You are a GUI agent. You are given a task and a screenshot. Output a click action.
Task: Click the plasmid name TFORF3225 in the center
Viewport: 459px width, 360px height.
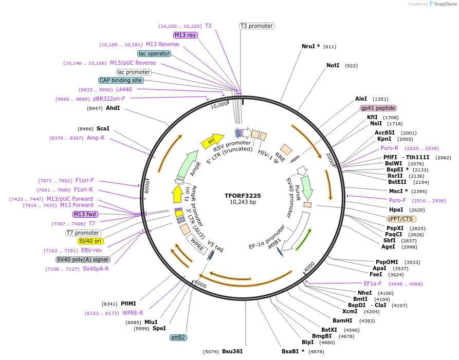[x=243, y=196]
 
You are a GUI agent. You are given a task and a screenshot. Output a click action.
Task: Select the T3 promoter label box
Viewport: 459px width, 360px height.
[x=256, y=26]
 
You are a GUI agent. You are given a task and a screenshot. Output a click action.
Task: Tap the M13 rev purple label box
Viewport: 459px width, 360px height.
[x=185, y=35]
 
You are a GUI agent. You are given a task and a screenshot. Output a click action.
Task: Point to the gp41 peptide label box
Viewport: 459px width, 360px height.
[x=378, y=108]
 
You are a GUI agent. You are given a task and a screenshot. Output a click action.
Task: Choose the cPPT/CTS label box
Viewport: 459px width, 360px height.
[x=401, y=219]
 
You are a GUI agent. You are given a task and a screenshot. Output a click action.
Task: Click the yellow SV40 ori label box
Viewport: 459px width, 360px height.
[x=90, y=241]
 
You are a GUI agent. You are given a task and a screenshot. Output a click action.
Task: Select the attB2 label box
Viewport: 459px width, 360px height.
[x=178, y=337]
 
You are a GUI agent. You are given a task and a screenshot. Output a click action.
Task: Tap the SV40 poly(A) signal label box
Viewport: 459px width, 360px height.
[x=83, y=259]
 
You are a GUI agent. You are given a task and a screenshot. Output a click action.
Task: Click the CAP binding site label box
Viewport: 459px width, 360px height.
[x=121, y=80]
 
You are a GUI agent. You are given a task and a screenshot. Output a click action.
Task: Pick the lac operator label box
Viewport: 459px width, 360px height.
[x=154, y=53]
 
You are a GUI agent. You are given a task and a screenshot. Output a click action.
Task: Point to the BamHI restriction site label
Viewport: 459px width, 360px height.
[x=342, y=320]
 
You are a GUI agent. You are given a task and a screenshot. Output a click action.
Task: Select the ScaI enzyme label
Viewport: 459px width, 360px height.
[x=103, y=128]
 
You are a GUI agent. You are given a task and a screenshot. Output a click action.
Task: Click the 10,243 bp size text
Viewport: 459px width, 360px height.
[x=243, y=202]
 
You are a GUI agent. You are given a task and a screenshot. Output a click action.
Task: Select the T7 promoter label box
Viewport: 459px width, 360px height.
[x=83, y=233]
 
